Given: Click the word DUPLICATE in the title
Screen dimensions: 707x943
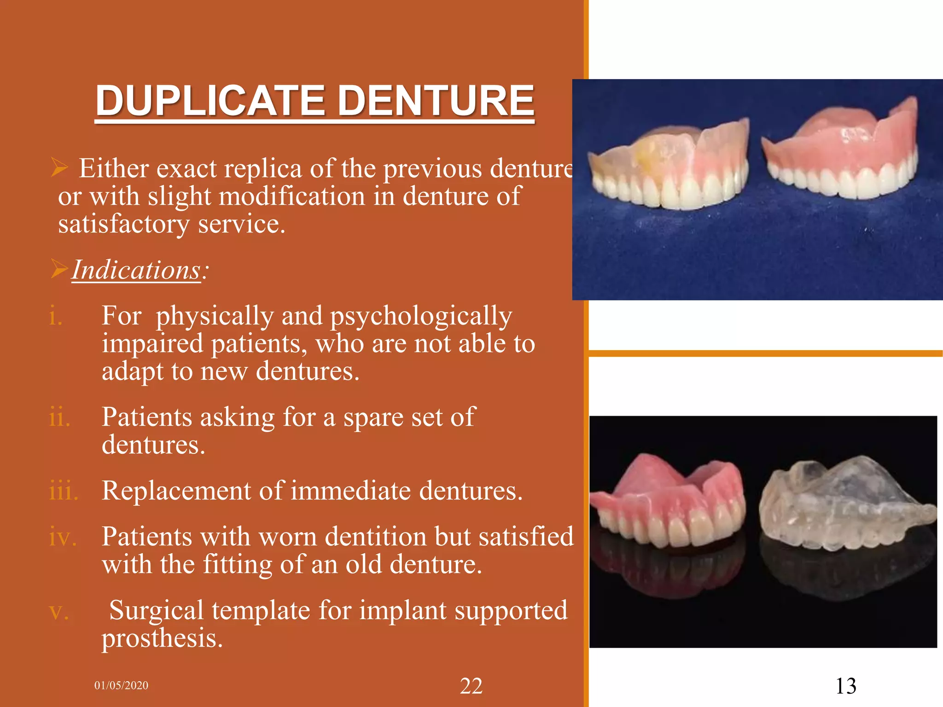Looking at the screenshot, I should click(x=210, y=101).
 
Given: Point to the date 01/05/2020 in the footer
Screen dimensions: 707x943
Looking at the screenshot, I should click(x=122, y=685).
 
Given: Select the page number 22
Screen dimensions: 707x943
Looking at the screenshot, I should click(x=471, y=686).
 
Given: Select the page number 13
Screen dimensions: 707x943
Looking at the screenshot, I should click(x=846, y=686).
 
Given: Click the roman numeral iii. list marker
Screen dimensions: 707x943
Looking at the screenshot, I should click(x=64, y=491).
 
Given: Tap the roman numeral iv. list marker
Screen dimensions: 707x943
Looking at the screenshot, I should click(x=63, y=537).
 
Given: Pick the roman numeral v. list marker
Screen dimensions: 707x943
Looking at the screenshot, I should click(x=59, y=612).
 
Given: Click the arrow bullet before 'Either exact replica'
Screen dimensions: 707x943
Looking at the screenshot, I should click(x=60, y=167).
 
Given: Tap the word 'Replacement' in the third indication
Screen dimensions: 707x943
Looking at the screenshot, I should click(x=176, y=491).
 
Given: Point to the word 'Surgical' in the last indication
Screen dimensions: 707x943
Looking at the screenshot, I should click(x=156, y=610).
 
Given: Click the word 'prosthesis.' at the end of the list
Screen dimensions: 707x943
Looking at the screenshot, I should click(x=162, y=638).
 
